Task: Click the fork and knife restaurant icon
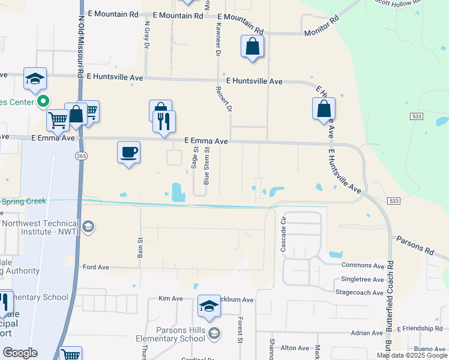[x=164, y=121]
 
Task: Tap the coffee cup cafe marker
[x=128, y=152]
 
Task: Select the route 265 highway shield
[x=80, y=156]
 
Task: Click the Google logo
[x=20, y=353]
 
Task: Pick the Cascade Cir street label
[x=284, y=234]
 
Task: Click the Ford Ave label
[x=96, y=267]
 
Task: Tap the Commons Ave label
[x=362, y=265]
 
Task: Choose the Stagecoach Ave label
[x=359, y=293]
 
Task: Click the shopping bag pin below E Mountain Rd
[x=253, y=46]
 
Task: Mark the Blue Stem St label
[x=207, y=166]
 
